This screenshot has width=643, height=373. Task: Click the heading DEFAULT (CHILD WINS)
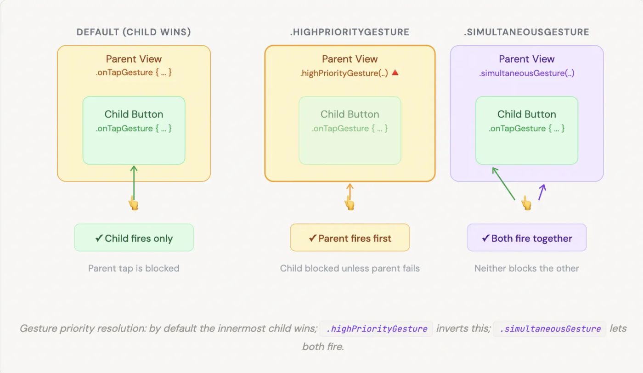point(134,32)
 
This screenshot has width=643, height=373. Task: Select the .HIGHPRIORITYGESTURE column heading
point(350,32)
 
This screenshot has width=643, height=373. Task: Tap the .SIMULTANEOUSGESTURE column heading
point(526,32)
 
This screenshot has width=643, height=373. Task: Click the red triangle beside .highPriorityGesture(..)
point(395,73)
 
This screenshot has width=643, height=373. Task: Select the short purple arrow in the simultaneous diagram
point(542,192)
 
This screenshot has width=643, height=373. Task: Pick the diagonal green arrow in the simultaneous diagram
point(503,183)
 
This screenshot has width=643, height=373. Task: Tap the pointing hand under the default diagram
point(133,203)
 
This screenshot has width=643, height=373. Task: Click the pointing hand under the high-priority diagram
point(350,203)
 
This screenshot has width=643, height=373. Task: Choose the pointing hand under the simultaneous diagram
point(526,203)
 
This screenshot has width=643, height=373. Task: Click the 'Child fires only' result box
point(134,238)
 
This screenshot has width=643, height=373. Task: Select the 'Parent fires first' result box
point(350,238)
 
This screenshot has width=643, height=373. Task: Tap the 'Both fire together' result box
point(526,238)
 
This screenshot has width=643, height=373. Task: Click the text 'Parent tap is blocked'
point(134,268)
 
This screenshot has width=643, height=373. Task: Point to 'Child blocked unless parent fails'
point(350,268)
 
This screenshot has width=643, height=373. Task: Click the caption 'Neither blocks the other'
point(526,268)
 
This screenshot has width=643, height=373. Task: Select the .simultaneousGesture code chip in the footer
point(550,329)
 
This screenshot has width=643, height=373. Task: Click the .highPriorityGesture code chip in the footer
point(376,329)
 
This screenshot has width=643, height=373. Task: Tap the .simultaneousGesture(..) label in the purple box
point(526,73)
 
